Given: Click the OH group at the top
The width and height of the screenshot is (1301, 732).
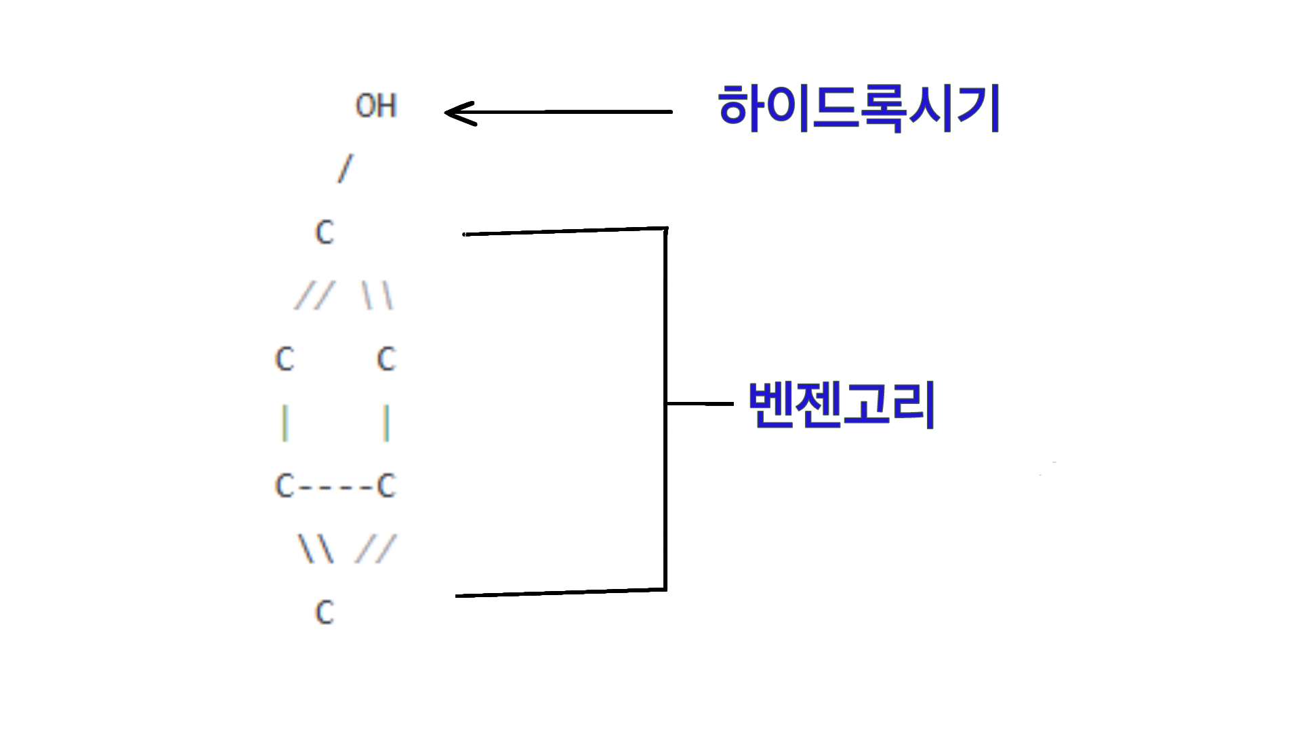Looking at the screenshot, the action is coord(376,106).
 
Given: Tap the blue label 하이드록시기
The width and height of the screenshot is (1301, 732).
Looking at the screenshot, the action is coord(859,108).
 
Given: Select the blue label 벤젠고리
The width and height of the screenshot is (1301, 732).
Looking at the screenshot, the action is coord(842,404).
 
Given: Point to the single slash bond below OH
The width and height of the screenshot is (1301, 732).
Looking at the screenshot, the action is coord(346,168).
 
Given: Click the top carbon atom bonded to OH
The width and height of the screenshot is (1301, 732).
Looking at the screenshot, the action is coord(325,232).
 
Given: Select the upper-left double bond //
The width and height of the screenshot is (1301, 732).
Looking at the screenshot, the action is coord(314,296).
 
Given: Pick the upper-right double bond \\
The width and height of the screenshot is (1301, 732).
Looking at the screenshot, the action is coord(377,296).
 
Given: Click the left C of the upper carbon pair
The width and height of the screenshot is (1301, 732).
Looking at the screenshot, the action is coord(285,359).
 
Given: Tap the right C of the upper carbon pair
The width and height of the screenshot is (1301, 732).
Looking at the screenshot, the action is coord(386,359).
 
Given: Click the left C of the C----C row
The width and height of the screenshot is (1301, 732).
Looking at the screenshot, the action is coord(285,486).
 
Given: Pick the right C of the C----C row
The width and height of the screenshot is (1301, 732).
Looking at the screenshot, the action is coord(386,486).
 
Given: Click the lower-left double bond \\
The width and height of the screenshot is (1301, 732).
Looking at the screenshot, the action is coord(316,549).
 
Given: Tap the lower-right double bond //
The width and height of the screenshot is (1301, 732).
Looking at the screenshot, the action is coord(375,549).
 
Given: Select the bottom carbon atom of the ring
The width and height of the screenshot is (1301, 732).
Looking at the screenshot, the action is coord(325,613).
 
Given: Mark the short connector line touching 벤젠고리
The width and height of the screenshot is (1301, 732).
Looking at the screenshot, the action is coord(700,404).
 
